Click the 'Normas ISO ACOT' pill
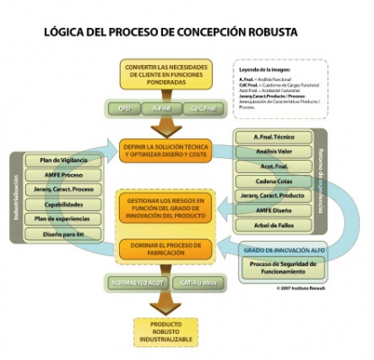click(x=134, y=283)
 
